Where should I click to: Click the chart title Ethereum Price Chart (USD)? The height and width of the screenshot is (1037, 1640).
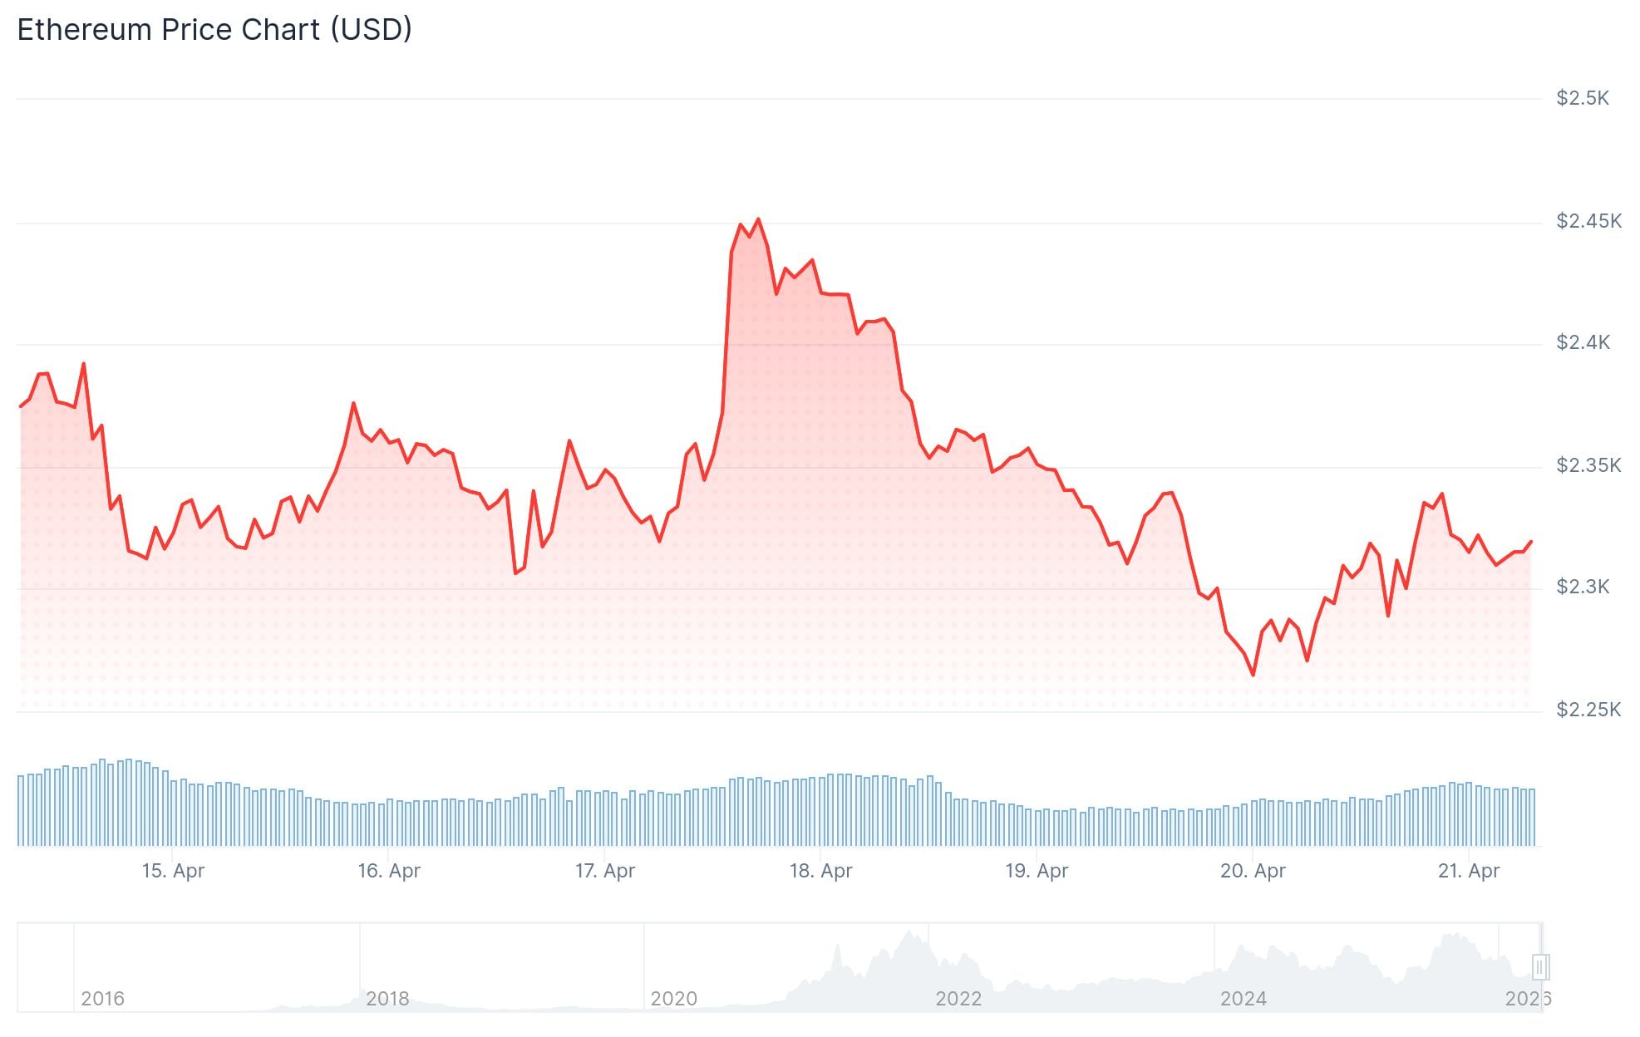[214, 30]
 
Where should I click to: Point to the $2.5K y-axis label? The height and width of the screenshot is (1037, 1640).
[1583, 99]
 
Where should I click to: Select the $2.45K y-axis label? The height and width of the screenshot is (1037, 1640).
[1588, 221]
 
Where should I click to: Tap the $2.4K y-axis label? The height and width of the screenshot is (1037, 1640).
[1583, 342]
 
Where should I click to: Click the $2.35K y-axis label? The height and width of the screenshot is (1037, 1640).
[1588, 465]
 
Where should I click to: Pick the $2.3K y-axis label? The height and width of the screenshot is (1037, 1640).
[1583, 587]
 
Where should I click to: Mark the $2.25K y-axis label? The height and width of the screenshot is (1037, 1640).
[1588, 710]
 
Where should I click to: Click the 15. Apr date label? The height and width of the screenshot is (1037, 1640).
[173, 871]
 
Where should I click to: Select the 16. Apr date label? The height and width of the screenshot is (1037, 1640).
[389, 871]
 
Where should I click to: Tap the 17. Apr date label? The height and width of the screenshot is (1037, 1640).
[605, 871]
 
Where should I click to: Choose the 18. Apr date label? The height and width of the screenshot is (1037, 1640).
[821, 871]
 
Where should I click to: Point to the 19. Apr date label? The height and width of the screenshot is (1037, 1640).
[1037, 871]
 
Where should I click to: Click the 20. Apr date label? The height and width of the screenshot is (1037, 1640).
[1253, 871]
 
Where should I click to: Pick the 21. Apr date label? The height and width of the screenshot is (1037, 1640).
[1469, 871]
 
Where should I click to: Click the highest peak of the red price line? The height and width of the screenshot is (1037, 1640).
[758, 219]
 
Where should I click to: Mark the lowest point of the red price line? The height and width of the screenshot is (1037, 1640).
[1253, 675]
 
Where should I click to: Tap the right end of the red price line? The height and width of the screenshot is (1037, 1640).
[1531, 542]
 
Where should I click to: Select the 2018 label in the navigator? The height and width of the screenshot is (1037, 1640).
[387, 999]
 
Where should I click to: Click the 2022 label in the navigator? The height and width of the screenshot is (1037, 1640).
[958, 999]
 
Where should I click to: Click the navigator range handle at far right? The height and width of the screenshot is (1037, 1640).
[1539, 966]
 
